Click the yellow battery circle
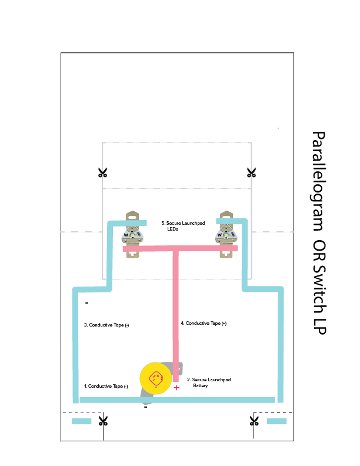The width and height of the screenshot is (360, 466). coord(156,378)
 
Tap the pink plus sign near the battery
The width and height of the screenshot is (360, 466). coord(176,388)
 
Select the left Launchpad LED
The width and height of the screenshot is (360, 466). coord(132,235)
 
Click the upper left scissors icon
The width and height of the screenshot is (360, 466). coord(103,172)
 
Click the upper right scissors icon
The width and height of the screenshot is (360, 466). coord(252,172)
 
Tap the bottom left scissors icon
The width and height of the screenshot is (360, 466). coord(104,421)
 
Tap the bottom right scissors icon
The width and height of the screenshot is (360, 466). coord(254,421)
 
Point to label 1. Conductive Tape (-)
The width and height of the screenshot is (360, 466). coord(106,386)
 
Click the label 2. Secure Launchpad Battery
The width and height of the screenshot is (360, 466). coord(208,383)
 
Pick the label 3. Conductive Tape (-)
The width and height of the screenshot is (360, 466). coord(106,325)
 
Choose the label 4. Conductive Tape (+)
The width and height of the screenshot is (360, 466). coord(204,323)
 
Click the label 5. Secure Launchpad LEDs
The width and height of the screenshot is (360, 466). coord(183,226)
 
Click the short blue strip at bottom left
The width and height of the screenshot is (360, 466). coord(82,421)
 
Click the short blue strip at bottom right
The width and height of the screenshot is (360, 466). coord(277,421)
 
